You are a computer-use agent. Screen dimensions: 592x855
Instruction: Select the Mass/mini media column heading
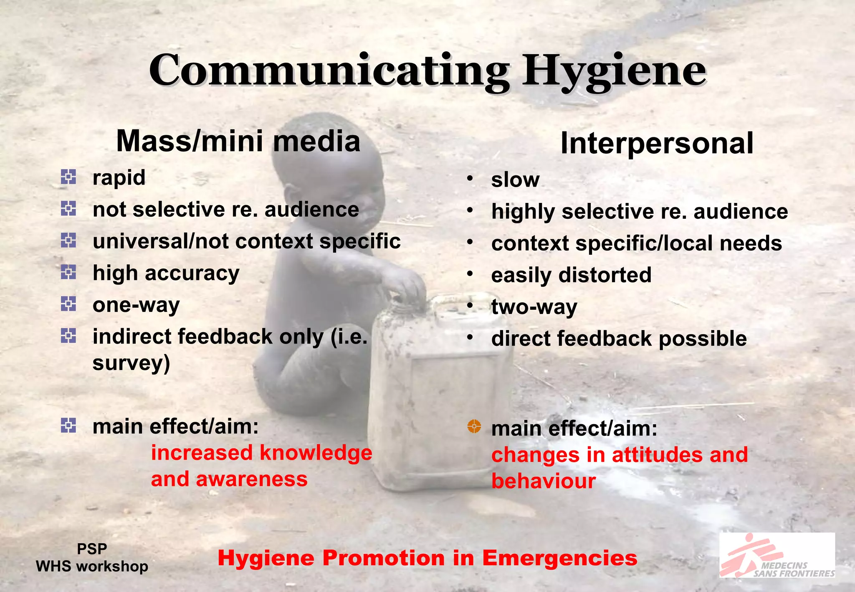[x=238, y=141]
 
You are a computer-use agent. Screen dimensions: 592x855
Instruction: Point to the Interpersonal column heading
[x=657, y=143]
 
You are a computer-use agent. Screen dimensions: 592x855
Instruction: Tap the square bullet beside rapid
[x=68, y=177]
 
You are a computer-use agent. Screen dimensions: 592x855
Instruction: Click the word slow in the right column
[x=515, y=180]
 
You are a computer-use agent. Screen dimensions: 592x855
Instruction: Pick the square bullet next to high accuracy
[x=68, y=273]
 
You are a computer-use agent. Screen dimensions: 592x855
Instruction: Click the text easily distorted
[x=571, y=275]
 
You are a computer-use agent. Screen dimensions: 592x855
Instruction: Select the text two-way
[x=534, y=307]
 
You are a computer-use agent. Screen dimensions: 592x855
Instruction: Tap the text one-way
[x=136, y=305]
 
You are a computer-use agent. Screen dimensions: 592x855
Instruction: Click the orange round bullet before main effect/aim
[x=474, y=426]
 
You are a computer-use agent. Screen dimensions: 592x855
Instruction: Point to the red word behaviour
[x=543, y=481]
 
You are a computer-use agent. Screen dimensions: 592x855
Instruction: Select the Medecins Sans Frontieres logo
[x=777, y=555]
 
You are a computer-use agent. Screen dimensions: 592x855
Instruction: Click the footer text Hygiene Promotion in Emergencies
[x=427, y=558]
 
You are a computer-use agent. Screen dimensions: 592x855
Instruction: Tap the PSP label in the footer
[x=92, y=549]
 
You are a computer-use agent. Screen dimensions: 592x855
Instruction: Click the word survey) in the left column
[x=131, y=363]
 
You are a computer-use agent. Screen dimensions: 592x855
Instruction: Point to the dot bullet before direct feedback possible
[x=470, y=337]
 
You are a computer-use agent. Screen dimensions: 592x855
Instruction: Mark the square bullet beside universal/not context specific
[x=68, y=240]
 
